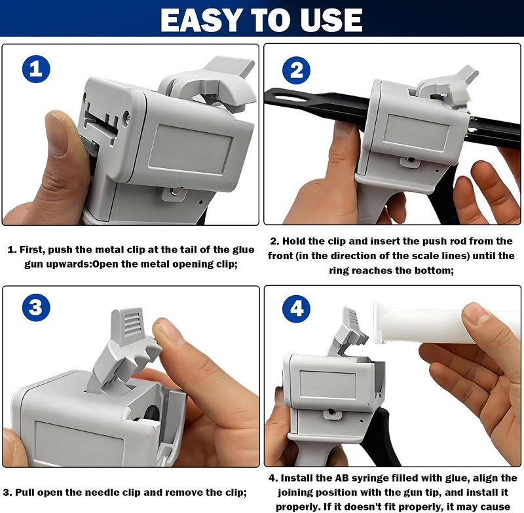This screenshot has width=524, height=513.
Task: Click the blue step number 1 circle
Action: point(36,69)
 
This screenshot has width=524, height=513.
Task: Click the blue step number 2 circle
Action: point(296,71)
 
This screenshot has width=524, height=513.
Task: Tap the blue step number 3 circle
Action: point(36,308)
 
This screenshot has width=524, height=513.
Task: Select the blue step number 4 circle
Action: point(296,308)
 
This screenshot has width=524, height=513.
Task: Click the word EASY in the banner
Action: point(201,20)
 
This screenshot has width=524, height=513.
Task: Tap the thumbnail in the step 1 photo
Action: point(57,134)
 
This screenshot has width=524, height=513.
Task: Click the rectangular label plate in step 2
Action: point(416,132)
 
